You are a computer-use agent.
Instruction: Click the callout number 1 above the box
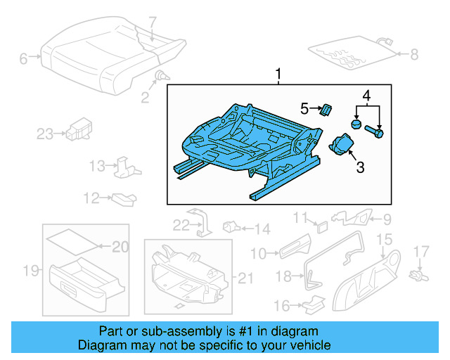[278, 74]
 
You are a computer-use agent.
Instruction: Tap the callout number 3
[360, 167]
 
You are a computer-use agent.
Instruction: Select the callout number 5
[304, 108]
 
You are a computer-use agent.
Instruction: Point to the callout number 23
[45, 134]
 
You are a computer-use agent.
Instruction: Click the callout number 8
[413, 53]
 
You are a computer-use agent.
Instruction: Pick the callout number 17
[420, 251]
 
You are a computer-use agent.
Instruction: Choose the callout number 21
[244, 279]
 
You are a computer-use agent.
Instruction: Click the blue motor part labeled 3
[342, 144]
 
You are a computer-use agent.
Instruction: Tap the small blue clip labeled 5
[326, 109]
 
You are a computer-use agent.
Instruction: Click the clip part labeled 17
[419, 271]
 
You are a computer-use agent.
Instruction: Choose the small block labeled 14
[230, 227]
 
